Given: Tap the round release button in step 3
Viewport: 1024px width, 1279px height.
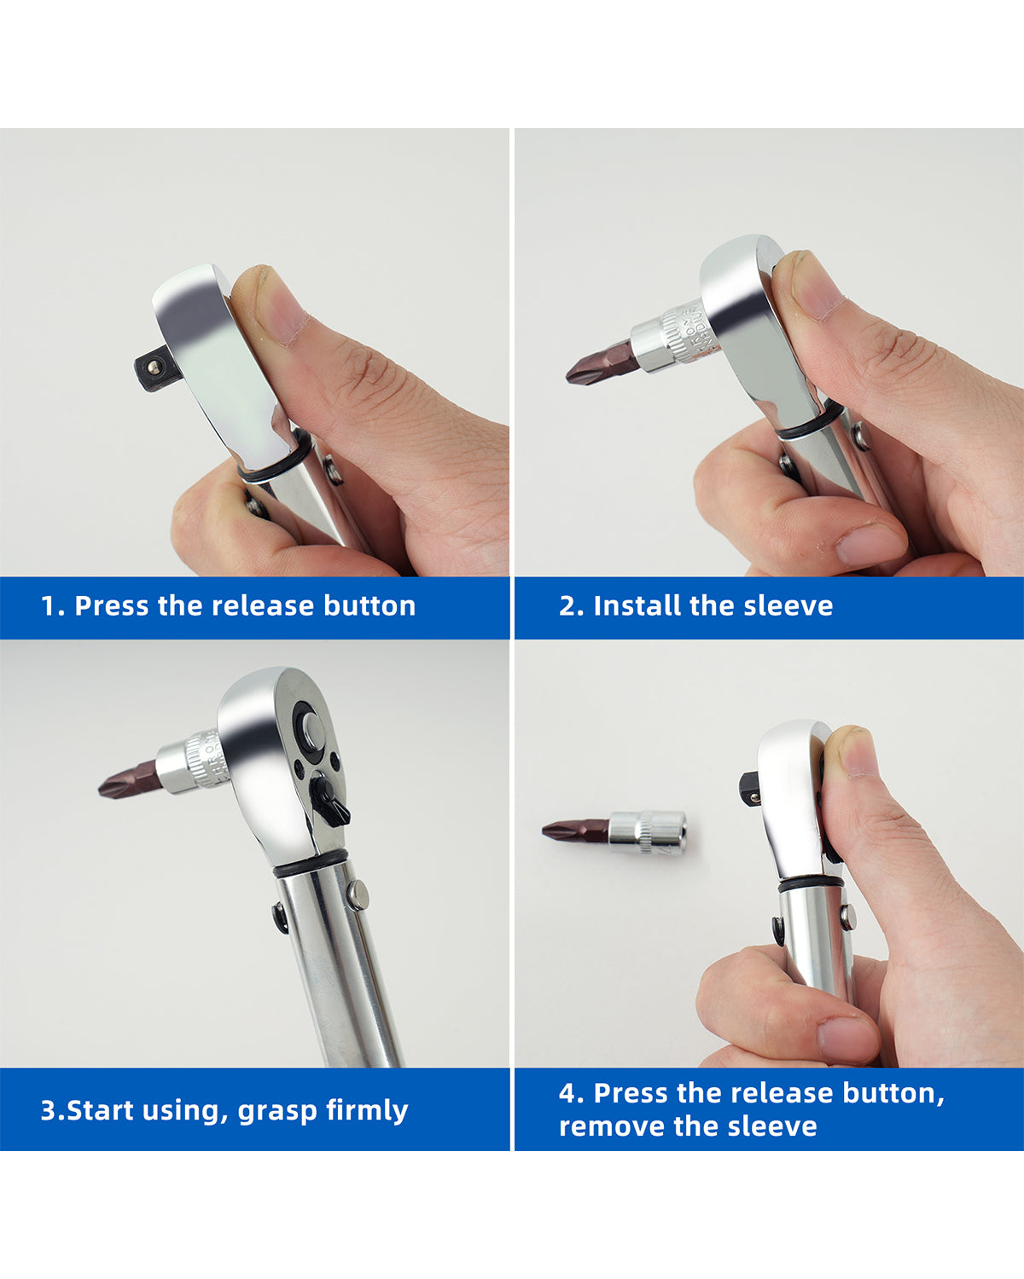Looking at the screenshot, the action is [x=313, y=731].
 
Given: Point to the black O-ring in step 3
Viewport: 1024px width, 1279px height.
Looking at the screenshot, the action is [x=310, y=862].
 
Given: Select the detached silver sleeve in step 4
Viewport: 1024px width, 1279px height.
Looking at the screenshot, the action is [x=648, y=833].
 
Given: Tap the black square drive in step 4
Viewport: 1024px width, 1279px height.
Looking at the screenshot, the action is [x=751, y=789].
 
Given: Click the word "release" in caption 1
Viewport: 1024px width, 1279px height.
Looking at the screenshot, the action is [x=262, y=606].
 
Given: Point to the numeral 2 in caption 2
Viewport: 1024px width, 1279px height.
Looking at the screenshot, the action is [x=567, y=606].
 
